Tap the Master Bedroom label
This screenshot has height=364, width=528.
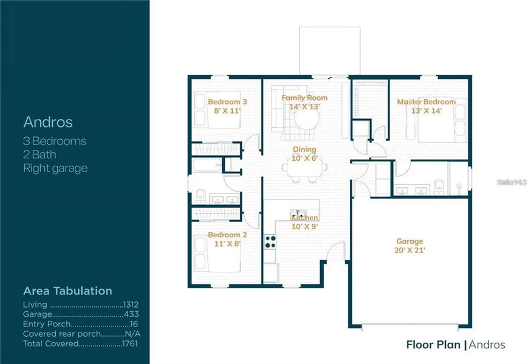coord(426,102)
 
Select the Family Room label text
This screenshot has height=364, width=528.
coord(304,98)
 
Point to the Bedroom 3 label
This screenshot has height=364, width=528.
coord(227,102)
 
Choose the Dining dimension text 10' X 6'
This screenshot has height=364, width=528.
coord(303,159)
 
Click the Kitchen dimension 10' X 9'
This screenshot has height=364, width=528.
coord(304,226)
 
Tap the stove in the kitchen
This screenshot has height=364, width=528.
coord(270,241)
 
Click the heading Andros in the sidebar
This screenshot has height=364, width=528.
coord(47,122)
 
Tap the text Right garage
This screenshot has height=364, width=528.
coord(55,168)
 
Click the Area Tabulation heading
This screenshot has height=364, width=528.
coord(67,291)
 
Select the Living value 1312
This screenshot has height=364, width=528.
coord(132,305)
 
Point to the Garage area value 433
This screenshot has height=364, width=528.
coord(131,314)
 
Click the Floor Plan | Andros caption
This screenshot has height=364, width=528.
coord(455,345)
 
